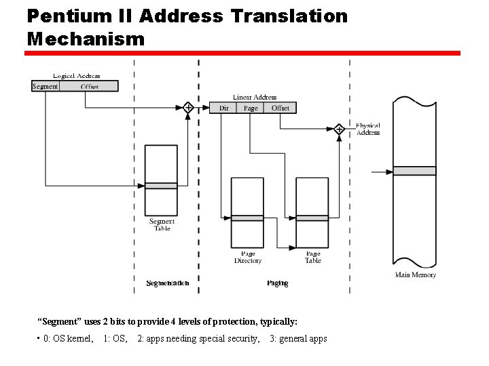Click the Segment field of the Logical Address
coord(46,86)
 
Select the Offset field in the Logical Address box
coord(89,86)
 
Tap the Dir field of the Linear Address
coord(224,108)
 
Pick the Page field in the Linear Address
coord(251,108)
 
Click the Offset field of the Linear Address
coord(280,108)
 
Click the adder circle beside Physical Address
coord(339,129)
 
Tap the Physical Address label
coord(368,129)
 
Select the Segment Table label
coord(162,225)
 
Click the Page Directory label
coord(248,258)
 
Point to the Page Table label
coord(313,258)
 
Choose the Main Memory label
coord(416,274)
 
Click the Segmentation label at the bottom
coord(168,283)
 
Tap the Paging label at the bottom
coord(277,283)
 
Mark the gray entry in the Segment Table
coord(162,186)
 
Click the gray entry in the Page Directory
coord(247,218)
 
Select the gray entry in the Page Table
coord(312,218)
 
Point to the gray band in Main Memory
coord(415,171)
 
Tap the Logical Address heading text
coord(77,76)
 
